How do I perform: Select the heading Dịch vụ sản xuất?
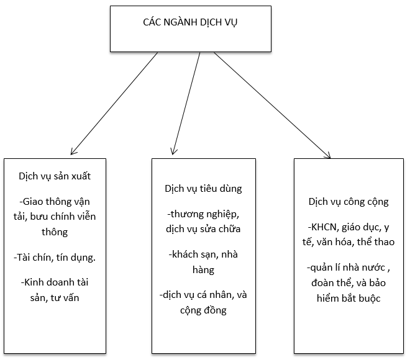click(x=55, y=176)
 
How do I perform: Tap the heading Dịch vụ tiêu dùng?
click(x=203, y=188)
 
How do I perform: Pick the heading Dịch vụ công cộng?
click(x=348, y=202)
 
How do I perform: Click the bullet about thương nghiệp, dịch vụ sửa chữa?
click(x=203, y=222)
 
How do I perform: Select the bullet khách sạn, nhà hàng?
click(x=203, y=262)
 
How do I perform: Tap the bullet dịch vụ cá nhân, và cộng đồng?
click(x=203, y=302)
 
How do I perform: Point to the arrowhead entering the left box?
click(x=73, y=151)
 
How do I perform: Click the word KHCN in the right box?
click(x=324, y=227)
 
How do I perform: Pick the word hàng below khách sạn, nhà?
click(x=203, y=270)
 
